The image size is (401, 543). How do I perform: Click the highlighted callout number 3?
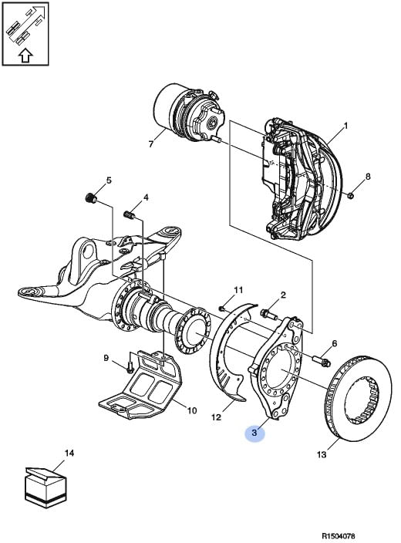[254, 433]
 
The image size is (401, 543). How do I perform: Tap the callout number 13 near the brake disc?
[322, 454]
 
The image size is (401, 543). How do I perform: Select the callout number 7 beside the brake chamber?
[150, 143]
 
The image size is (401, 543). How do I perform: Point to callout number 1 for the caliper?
[345, 126]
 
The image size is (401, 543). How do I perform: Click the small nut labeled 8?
[350, 196]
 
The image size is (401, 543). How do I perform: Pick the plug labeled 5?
[91, 198]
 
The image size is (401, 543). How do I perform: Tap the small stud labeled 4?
[129, 215]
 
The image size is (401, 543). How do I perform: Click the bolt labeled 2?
[269, 315]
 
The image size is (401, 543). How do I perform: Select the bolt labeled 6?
[322, 361]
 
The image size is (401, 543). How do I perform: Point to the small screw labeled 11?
[223, 308]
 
